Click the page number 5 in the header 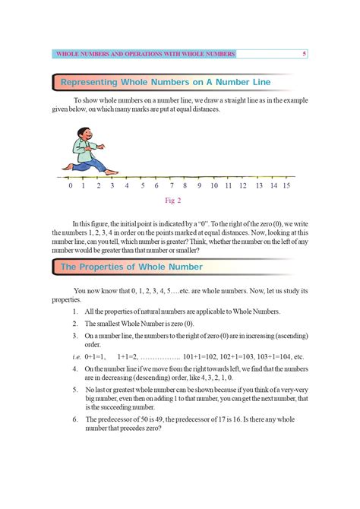[304, 54]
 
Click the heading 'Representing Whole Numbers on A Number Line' [165, 81]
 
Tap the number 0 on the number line [70, 185]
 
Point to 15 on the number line [286, 185]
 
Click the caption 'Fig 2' [173, 201]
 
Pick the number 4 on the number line [127, 185]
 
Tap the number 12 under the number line [243, 185]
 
